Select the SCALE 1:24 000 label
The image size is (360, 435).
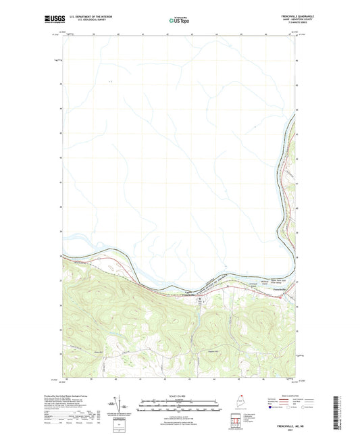click(x=180, y=396)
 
